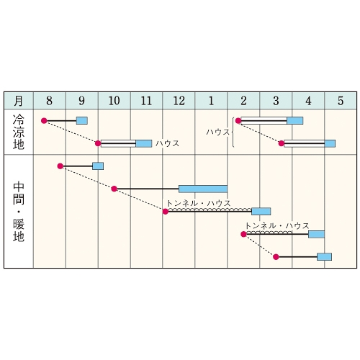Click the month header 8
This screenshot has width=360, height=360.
(x=49, y=101)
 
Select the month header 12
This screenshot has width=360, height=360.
(x=179, y=101)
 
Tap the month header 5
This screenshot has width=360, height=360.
(x=341, y=101)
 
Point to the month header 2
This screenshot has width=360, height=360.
(x=243, y=101)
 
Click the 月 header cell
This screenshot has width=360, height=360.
(x=19, y=101)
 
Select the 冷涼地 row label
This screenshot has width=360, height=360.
(x=19, y=132)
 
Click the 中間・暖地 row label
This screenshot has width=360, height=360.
(x=19, y=212)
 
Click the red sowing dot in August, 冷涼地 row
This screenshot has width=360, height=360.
(x=44, y=120)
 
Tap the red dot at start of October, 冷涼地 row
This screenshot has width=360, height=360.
(x=98, y=143)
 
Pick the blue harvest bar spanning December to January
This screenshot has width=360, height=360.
(x=203, y=189)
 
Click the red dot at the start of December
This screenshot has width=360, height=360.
(x=166, y=212)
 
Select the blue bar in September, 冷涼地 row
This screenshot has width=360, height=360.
(x=82, y=120)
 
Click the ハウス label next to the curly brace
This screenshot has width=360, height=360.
(x=218, y=132)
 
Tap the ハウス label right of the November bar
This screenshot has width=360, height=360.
(x=168, y=143)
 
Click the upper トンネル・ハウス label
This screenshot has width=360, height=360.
(x=199, y=203)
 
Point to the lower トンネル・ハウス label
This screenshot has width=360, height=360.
(x=277, y=226)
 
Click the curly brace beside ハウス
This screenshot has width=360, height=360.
(x=233, y=132)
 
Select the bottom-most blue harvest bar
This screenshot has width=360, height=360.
(x=324, y=257)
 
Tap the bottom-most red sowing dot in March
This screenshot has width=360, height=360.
(x=276, y=257)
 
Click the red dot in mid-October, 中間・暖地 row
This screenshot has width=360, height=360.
(x=114, y=189)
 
